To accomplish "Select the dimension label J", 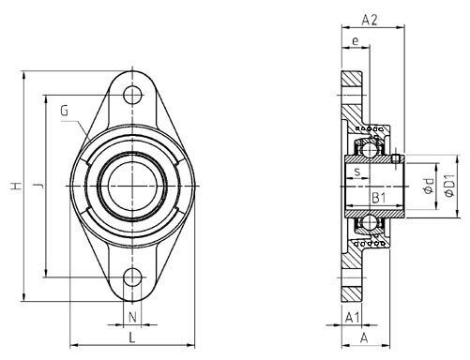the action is click(x=38, y=186).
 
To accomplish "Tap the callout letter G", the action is click(x=64, y=111).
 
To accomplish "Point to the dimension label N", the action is click(x=132, y=318).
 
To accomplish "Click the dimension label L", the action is click(x=132, y=337).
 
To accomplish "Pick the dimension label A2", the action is click(x=370, y=20).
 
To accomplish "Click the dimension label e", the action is click(x=356, y=41).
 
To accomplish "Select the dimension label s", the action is click(x=357, y=172).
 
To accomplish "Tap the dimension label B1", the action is click(x=379, y=198).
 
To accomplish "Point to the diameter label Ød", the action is click(x=429, y=186).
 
